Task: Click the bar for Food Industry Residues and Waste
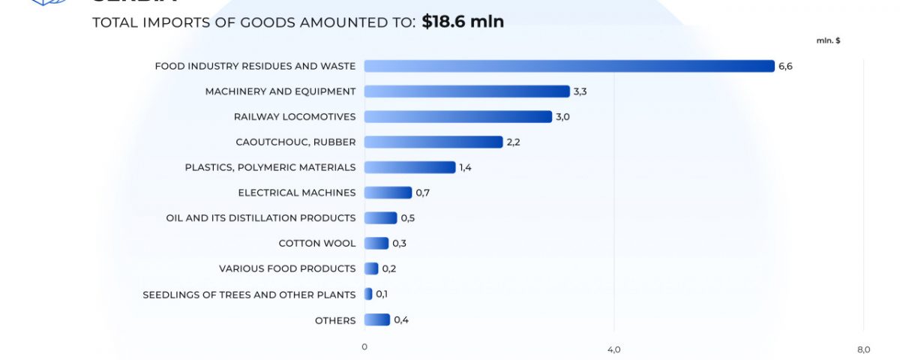[x=569, y=66]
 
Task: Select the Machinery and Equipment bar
[x=466, y=91]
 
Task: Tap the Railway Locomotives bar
[x=457, y=116]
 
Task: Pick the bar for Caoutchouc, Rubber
[x=433, y=142]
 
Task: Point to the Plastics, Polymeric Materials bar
[x=409, y=167]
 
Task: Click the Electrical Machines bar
[x=388, y=193]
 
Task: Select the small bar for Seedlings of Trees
[x=368, y=294]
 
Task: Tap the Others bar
[x=377, y=319]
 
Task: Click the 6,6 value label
[x=785, y=66]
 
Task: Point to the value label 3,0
[x=562, y=116]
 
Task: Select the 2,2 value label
[x=513, y=142]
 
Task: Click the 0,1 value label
[x=382, y=294]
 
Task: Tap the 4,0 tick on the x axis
[x=613, y=349]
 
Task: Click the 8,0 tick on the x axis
[x=863, y=349]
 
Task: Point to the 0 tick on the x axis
[x=364, y=346]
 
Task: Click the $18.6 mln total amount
[x=462, y=22]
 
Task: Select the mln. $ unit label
[x=828, y=40]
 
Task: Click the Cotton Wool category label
[x=316, y=243]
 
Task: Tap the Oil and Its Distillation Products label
[x=261, y=217]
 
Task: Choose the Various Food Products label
[x=287, y=268]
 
